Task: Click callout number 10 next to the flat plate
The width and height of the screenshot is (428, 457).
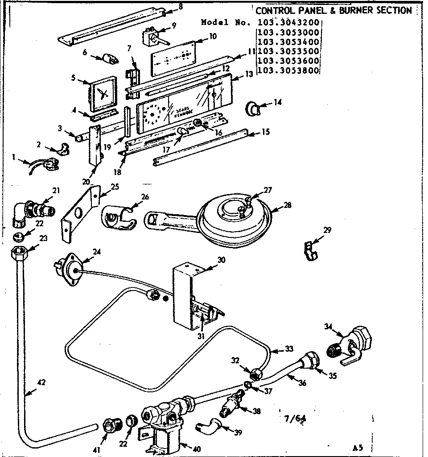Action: tap(213, 36)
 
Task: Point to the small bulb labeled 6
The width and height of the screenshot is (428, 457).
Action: tap(110, 58)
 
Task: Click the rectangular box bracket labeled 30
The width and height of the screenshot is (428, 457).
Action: tap(183, 295)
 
